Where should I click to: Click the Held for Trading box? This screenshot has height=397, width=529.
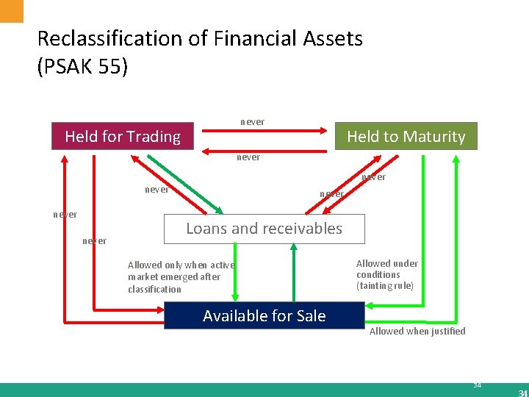[122, 137]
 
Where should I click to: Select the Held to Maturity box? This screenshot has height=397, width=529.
[406, 137]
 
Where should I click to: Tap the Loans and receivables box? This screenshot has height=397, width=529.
[264, 229]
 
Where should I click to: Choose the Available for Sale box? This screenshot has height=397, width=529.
[264, 316]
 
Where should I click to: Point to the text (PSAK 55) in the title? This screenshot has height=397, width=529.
[82, 68]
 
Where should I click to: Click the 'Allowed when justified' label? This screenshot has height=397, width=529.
[417, 332]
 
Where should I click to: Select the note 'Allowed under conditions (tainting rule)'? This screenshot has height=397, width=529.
[387, 274]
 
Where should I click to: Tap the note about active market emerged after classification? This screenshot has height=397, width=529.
[181, 277]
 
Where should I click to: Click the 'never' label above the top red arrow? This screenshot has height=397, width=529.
[253, 121]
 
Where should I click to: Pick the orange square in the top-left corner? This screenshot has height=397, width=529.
[12, 10]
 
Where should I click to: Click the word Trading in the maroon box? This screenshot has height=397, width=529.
[154, 137]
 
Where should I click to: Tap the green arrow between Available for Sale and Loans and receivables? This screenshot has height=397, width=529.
[293, 272]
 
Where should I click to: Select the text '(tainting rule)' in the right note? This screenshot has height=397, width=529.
[385, 286]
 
